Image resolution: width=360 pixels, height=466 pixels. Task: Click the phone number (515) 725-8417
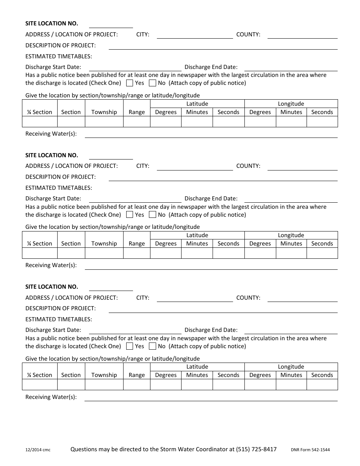point(256,449)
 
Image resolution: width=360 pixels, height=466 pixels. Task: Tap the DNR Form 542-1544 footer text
point(310,450)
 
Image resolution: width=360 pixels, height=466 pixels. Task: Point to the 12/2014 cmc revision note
point(38,450)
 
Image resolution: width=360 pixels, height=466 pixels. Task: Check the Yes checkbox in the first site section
point(130,83)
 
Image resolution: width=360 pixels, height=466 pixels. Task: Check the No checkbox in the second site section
point(153,215)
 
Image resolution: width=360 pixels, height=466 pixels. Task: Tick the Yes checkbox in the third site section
point(130,346)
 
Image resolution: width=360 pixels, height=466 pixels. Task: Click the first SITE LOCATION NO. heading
point(52,23)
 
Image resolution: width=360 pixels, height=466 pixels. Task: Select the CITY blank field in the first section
point(195,35)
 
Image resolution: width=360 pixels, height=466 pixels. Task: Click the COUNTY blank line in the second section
point(302,166)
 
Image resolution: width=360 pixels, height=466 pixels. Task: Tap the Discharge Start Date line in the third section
point(135,330)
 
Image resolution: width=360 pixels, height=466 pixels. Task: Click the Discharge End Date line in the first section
point(291,67)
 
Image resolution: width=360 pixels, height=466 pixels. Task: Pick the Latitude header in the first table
point(197,104)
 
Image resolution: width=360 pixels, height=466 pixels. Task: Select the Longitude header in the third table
point(291,367)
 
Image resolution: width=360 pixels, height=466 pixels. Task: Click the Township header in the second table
point(104,244)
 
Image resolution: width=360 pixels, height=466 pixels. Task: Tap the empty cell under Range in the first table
point(137,122)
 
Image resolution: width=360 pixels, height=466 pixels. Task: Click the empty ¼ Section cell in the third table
point(40,385)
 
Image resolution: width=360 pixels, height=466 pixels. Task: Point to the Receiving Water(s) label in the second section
point(51,265)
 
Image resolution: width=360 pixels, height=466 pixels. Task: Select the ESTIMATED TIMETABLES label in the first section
point(59,56)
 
